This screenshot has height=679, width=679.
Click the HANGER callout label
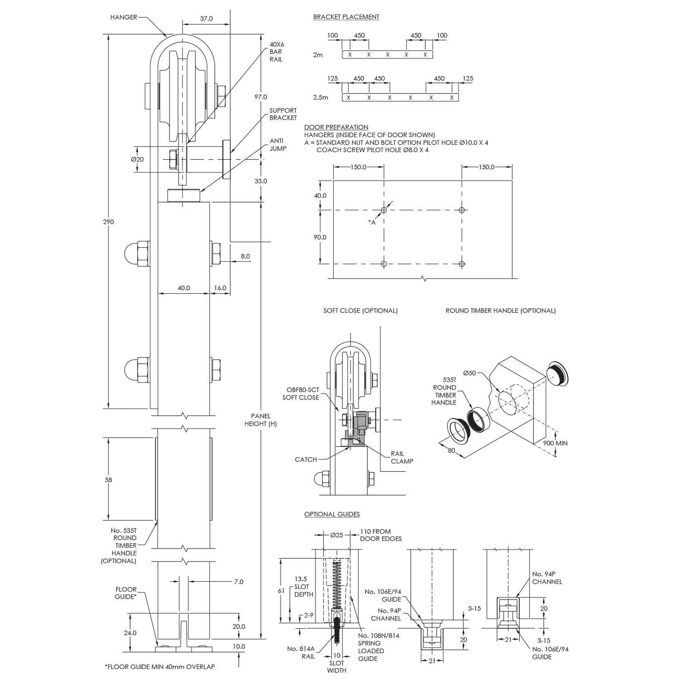[x=124, y=17]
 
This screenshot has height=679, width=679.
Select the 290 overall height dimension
[x=109, y=221]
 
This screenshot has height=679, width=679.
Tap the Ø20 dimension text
[x=137, y=159]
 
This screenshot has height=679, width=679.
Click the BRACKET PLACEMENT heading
[x=346, y=17]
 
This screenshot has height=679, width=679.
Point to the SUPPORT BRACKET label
[x=283, y=114]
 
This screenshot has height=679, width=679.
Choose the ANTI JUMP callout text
[x=278, y=145]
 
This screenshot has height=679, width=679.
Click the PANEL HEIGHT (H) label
[x=260, y=420]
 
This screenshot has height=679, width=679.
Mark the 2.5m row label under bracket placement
[x=320, y=98]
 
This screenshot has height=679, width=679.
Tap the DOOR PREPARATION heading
[x=336, y=127]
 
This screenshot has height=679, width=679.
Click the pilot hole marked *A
[x=384, y=210]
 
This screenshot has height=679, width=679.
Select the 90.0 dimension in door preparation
[x=320, y=237]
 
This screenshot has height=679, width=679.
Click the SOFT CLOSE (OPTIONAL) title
[x=360, y=311]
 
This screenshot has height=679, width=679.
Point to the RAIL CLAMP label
[x=402, y=457]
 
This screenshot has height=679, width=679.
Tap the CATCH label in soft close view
[x=306, y=460]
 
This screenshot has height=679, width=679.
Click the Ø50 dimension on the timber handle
[x=469, y=373]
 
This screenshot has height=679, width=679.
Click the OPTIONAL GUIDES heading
[x=332, y=515]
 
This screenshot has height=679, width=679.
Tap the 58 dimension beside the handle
[x=109, y=480]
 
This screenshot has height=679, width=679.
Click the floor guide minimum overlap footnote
[x=159, y=667]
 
